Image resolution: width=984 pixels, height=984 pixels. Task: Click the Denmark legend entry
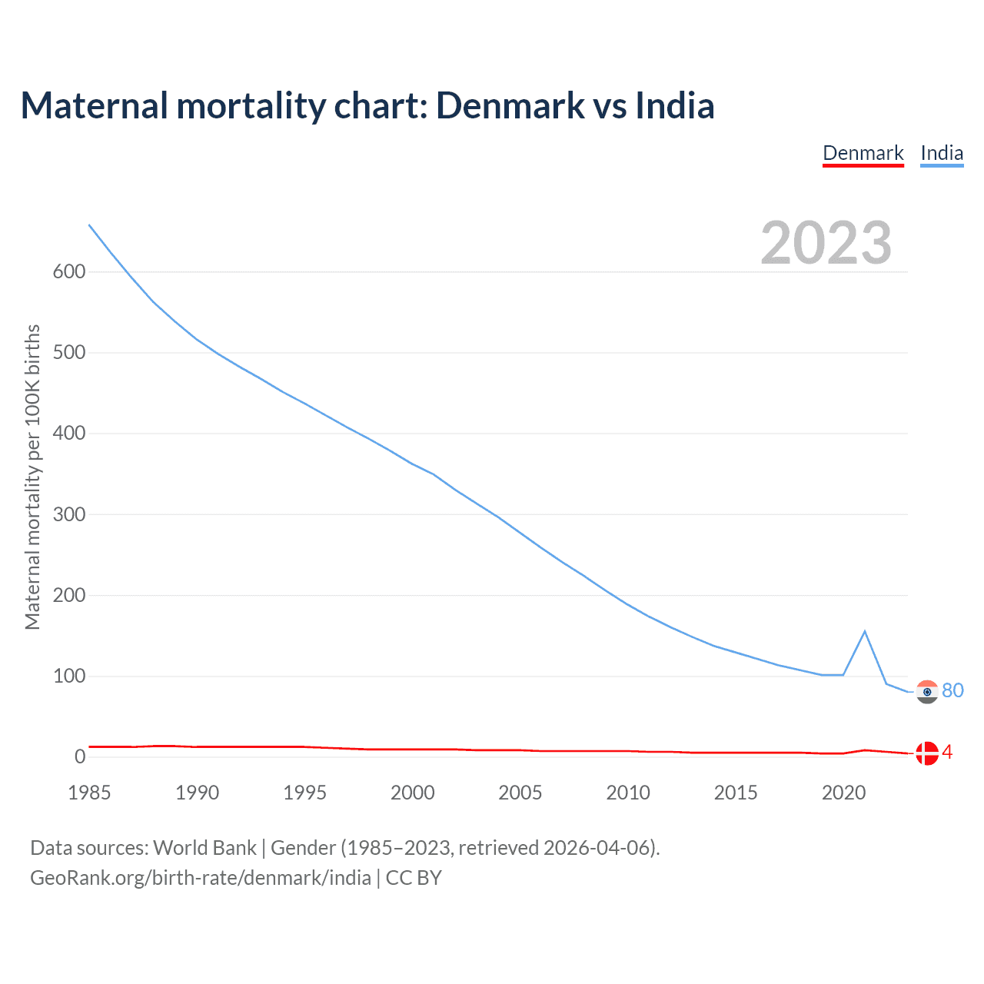[x=863, y=153]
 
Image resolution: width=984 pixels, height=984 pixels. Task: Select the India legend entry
[x=942, y=153]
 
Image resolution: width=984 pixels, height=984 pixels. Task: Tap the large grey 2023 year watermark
[x=826, y=243]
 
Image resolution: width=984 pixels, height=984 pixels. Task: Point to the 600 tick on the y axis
[x=69, y=271]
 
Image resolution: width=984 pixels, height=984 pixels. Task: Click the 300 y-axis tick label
[x=69, y=514]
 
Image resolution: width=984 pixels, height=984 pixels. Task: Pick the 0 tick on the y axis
[x=80, y=756]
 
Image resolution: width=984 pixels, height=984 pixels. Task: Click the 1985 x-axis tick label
[x=89, y=793]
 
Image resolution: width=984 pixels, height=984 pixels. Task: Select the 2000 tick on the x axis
[x=413, y=793]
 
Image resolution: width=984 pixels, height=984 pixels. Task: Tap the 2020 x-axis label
[x=843, y=793]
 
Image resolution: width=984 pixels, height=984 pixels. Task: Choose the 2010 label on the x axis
[x=628, y=793]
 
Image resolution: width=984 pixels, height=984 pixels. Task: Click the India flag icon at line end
[x=928, y=692]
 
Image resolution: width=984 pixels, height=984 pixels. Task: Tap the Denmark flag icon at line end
[x=928, y=753]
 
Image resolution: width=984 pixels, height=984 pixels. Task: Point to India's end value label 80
[x=952, y=690]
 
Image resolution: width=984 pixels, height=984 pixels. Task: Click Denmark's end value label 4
[x=947, y=752]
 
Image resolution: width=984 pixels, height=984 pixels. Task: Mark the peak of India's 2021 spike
[x=865, y=631]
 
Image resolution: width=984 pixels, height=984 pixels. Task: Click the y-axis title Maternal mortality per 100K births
[x=32, y=477]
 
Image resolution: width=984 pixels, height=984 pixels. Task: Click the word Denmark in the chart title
[x=509, y=105]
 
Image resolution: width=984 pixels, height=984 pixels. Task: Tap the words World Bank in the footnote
[x=204, y=848]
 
